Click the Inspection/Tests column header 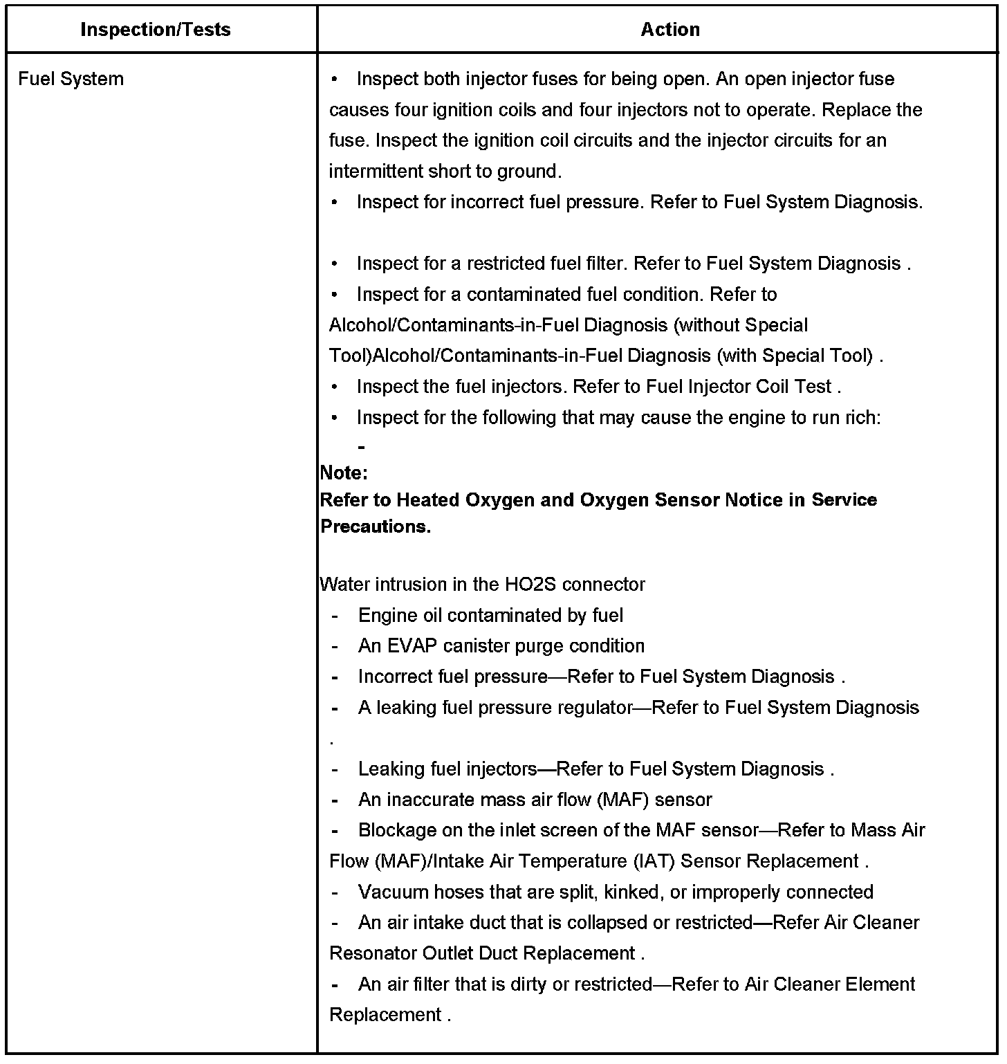[x=156, y=30]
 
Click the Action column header [x=670, y=30]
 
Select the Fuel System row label [x=71, y=79]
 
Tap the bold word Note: [x=344, y=473]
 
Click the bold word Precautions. [x=376, y=526]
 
